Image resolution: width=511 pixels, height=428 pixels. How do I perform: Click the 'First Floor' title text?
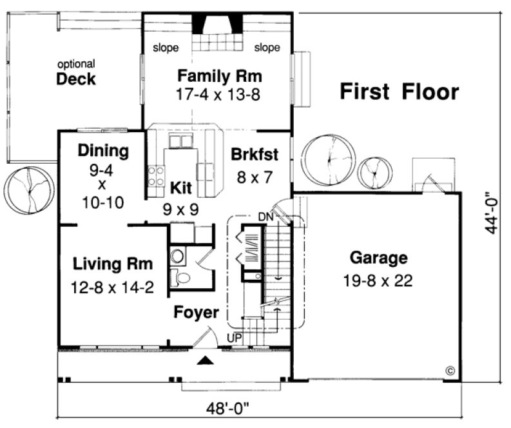[399, 92]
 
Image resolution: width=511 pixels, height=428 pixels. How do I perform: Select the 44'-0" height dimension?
[492, 211]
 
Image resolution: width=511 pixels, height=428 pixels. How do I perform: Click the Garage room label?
[378, 258]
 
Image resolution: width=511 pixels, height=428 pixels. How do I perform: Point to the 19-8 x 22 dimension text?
[378, 281]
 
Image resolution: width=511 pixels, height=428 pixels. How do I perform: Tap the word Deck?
[76, 80]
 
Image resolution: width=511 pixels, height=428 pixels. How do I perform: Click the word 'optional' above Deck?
[76, 64]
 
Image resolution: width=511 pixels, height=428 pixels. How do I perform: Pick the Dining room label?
[102, 151]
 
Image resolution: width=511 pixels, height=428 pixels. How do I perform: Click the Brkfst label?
[255, 155]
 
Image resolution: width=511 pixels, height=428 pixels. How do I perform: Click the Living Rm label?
[112, 264]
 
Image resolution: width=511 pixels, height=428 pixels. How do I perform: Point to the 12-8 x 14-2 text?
[112, 287]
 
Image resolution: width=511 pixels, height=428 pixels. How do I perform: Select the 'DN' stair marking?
[266, 217]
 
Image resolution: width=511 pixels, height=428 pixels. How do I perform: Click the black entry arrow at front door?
[204, 361]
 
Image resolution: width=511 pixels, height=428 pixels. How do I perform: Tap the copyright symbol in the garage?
[449, 371]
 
